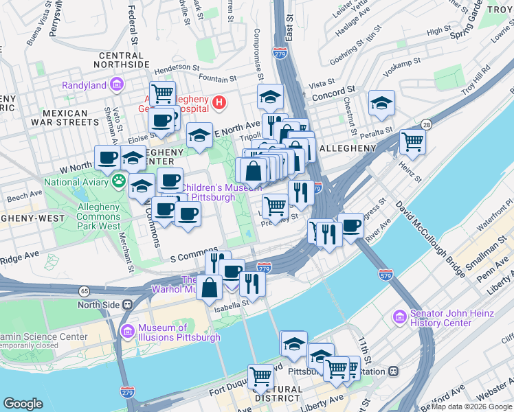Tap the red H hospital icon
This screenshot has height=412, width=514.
coord(219,103)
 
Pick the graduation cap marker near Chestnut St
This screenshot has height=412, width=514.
coord(381,103)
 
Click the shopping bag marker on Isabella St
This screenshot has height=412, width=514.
coord(210,287)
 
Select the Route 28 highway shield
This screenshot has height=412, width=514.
coord(427,124)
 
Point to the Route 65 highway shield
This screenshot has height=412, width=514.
coord(84,291)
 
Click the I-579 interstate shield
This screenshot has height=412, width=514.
coord(385,274)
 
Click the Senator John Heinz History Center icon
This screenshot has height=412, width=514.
coord(399,318)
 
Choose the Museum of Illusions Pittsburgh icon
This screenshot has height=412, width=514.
coord(127,332)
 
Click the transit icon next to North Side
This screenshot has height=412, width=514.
coord(127,305)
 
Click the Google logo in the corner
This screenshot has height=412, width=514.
coord(23,404)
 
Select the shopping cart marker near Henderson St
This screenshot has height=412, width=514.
coord(163,93)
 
